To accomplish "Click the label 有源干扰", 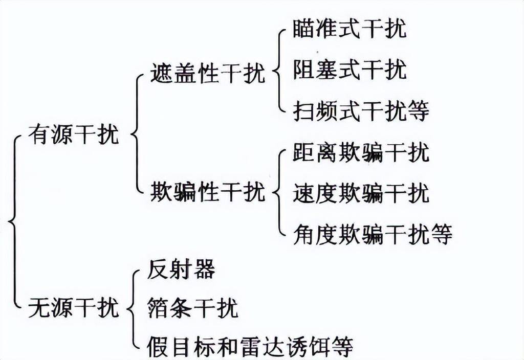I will (73, 135).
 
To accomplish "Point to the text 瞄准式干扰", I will (350, 29).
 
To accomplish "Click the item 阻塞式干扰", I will (350, 70).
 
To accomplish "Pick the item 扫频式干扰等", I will (361, 110).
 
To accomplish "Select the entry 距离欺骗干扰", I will (361, 152).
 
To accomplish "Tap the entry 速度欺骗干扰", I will (361, 194).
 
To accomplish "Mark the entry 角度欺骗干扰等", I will (373, 235).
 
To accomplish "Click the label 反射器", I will (181, 269).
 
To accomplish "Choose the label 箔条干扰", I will (192, 308).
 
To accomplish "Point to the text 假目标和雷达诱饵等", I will (250, 347).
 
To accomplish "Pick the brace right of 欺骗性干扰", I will (279, 193).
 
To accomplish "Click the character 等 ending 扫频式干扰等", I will (418, 110).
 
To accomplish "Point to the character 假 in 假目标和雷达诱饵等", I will (157, 347).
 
